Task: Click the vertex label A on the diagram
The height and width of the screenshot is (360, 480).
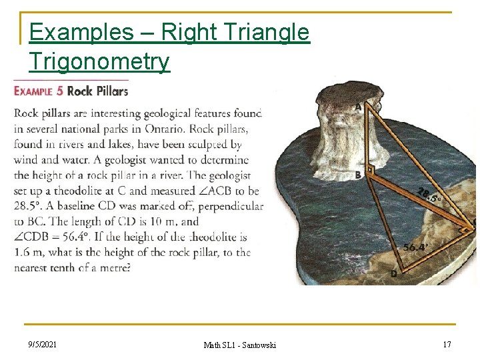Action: point(358,107)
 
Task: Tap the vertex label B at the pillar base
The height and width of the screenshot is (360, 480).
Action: point(359,175)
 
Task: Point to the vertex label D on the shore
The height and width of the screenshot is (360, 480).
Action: point(393,274)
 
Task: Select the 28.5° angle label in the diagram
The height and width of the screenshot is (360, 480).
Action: point(429,195)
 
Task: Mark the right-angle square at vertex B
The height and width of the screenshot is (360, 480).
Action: point(371,170)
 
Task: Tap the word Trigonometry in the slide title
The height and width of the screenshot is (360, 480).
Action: point(99,62)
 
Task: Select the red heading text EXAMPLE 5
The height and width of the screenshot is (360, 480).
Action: point(39,91)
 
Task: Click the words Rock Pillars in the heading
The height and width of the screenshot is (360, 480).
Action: point(98,91)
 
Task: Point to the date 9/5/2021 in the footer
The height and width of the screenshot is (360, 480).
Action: point(42,344)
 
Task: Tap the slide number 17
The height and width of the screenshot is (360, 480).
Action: point(446,344)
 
